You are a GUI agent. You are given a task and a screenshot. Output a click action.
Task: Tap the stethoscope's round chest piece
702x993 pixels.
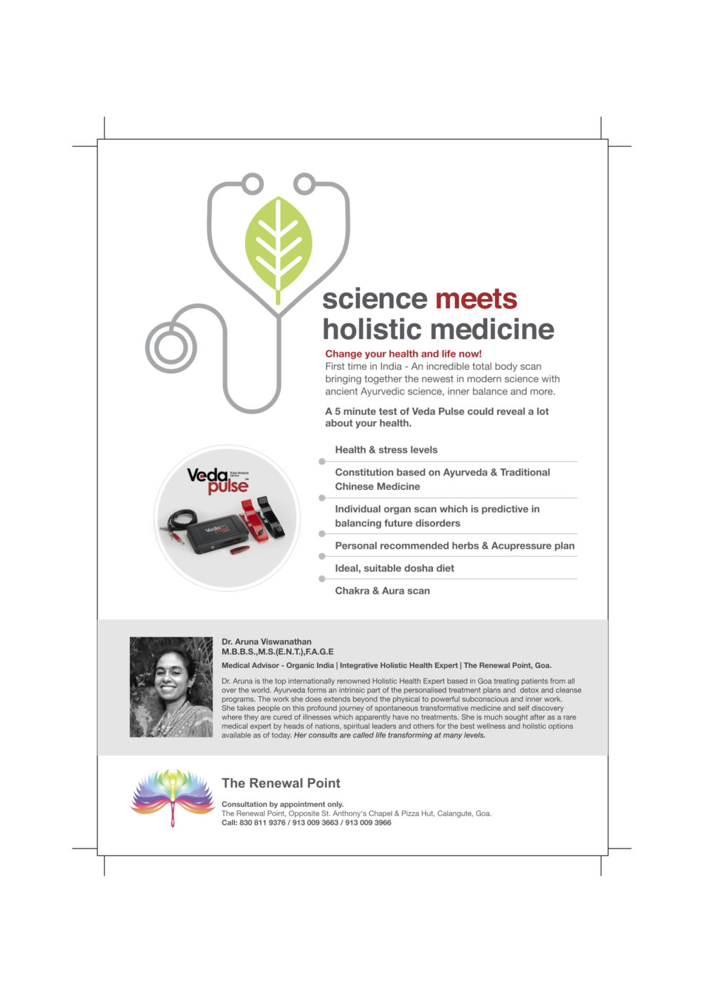click(x=171, y=347)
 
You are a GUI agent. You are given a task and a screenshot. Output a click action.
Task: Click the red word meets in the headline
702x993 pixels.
click(x=476, y=299)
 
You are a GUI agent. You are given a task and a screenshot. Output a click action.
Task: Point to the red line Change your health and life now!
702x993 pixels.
click(x=403, y=354)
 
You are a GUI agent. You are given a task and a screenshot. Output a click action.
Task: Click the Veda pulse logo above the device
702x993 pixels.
click(x=218, y=481)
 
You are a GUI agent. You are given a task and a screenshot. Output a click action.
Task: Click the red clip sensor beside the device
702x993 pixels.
click(x=252, y=520)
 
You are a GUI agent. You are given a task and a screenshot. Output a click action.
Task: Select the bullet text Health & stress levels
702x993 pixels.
click(x=385, y=450)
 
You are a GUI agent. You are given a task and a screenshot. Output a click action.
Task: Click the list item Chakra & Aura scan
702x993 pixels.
click(x=382, y=591)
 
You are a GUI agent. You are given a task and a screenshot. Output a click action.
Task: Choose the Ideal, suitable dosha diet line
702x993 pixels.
click(x=394, y=568)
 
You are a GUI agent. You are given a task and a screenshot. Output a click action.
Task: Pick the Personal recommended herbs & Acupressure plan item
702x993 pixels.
click(x=454, y=546)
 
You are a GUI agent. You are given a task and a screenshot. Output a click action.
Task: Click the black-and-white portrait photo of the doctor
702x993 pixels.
click(x=171, y=687)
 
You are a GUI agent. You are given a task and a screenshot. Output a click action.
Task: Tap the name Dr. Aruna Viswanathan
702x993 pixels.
click(x=266, y=641)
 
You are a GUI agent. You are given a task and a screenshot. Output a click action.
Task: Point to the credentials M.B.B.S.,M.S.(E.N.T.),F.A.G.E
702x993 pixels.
click(x=277, y=651)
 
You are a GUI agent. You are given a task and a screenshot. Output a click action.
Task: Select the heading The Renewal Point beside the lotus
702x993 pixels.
click(x=281, y=783)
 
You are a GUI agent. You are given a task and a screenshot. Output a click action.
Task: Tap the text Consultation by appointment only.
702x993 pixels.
click(x=282, y=804)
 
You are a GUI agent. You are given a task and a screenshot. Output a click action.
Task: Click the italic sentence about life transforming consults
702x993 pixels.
click(x=389, y=735)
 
